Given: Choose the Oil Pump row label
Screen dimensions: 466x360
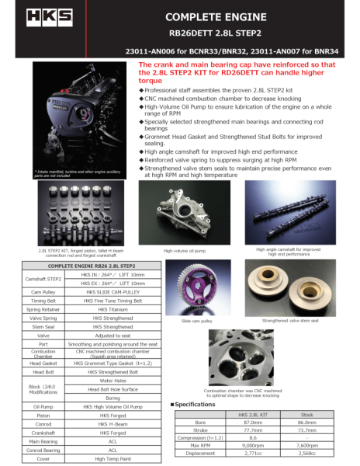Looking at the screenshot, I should tap(43, 405).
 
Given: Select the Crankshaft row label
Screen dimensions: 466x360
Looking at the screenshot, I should tap(43, 433).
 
